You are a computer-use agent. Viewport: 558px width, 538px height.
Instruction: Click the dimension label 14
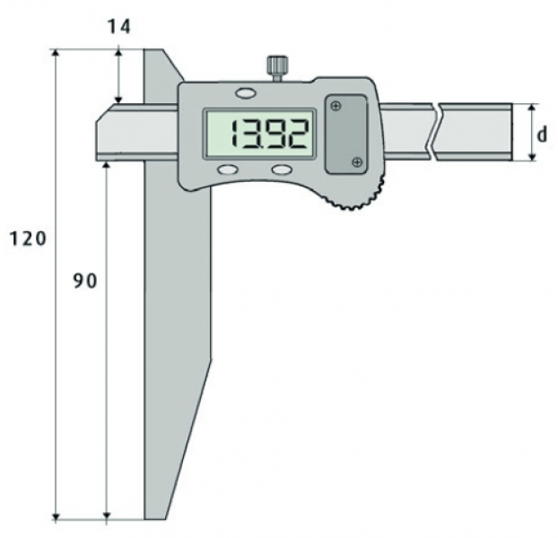pos(118,27)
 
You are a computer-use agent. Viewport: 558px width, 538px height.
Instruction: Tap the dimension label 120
pos(28,239)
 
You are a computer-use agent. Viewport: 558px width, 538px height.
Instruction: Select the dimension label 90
pos(85,282)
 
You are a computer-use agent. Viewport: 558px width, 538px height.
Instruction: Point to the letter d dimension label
pos(542,134)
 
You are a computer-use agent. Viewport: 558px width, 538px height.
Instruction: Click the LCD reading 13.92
pos(269,134)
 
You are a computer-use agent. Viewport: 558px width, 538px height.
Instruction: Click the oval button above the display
pos(246,93)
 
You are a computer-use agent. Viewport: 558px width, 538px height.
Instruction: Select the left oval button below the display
pos(228,169)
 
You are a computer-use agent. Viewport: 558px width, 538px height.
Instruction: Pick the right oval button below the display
pos(281,169)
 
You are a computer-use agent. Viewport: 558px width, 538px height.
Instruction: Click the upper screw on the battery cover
pos(336,106)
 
